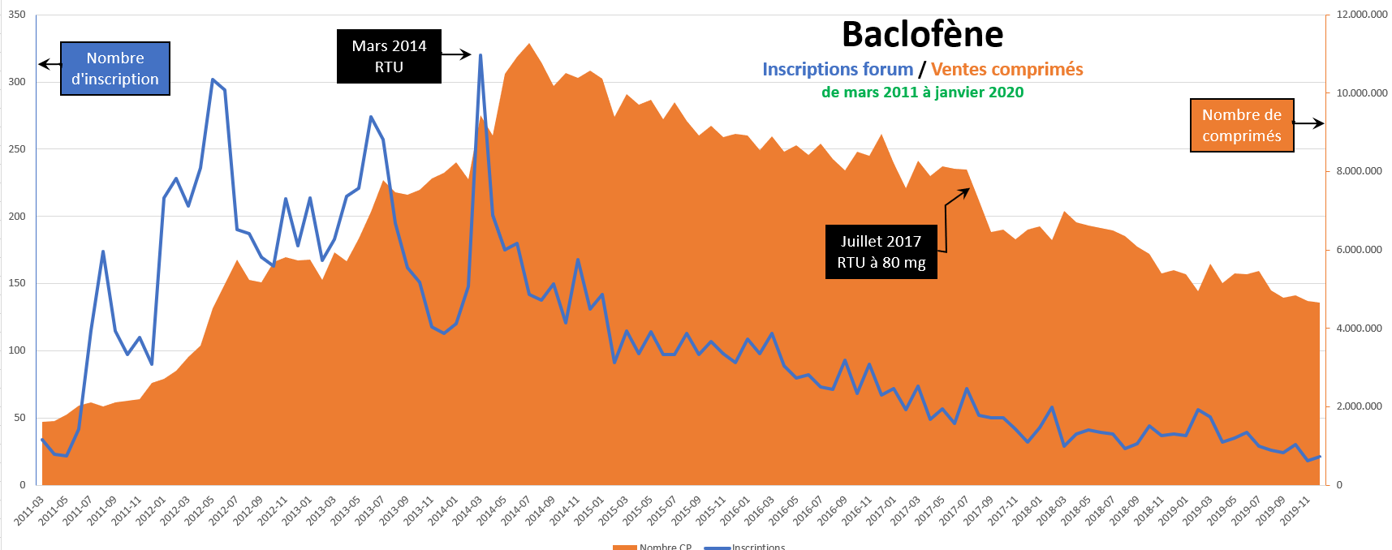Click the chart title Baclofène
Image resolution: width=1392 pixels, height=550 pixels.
[922, 35]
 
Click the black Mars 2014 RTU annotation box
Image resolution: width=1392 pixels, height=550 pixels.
[389, 57]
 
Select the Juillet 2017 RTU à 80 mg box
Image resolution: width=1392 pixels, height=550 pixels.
[881, 252]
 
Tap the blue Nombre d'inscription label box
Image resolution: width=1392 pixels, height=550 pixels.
[115, 69]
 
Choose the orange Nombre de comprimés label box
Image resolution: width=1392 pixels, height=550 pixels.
[1241, 126]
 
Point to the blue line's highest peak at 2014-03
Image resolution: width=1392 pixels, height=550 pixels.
[481, 55]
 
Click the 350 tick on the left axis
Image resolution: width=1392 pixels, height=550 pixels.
[17, 15]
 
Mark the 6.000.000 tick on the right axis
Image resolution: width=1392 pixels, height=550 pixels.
[1359, 250]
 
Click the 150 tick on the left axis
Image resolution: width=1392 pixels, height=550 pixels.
[17, 283]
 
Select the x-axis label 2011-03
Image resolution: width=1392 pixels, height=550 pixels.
[29, 511]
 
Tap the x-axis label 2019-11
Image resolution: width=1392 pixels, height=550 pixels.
[1295, 511]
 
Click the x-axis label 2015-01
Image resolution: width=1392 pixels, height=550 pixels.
[589, 511]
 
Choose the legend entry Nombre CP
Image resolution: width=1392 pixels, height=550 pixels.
[665, 547]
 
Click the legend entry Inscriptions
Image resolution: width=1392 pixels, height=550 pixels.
[758, 547]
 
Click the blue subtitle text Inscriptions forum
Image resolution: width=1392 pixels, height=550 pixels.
[837, 70]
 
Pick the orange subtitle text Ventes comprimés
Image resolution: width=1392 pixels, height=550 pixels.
[1006, 70]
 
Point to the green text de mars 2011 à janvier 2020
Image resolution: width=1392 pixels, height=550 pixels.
[922, 92]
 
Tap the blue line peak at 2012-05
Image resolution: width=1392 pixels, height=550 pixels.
[213, 79]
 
